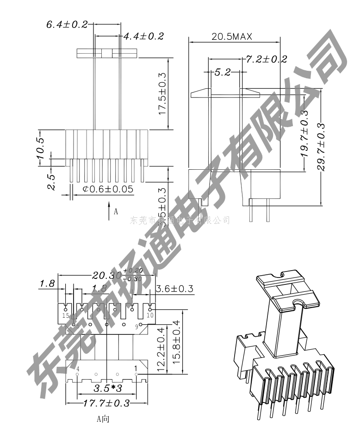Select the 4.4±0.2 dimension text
click(x=143, y=36)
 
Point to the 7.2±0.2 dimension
click(x=266, y=59)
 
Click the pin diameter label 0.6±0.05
click(x=108, y=189)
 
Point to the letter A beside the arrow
click(x=116, y=212)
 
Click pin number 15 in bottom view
click(x=66, y=315)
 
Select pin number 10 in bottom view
click(x=150, y=315)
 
